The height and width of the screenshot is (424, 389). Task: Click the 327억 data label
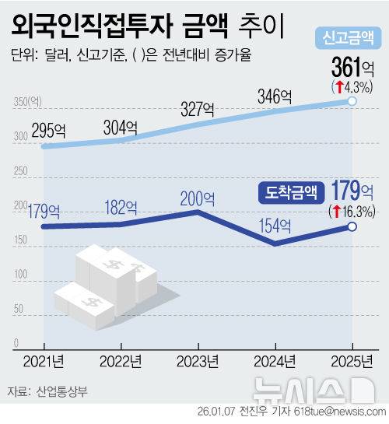pos(200,108)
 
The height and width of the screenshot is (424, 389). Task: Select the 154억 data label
pos(275,226)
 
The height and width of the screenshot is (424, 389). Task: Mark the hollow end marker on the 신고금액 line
pos(352,101)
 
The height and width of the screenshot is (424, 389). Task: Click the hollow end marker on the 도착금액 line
pos(352,226)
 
